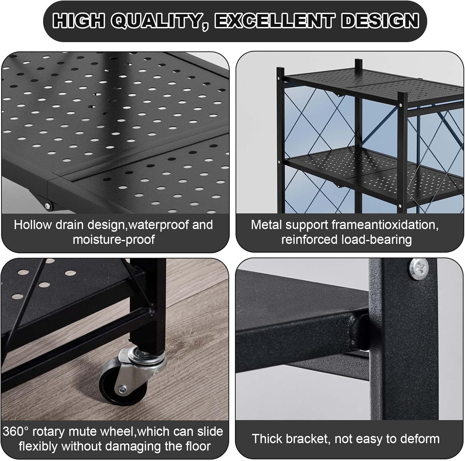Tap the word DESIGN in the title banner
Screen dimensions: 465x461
382,21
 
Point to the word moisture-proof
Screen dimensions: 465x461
114,239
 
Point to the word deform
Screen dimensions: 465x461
421,439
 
